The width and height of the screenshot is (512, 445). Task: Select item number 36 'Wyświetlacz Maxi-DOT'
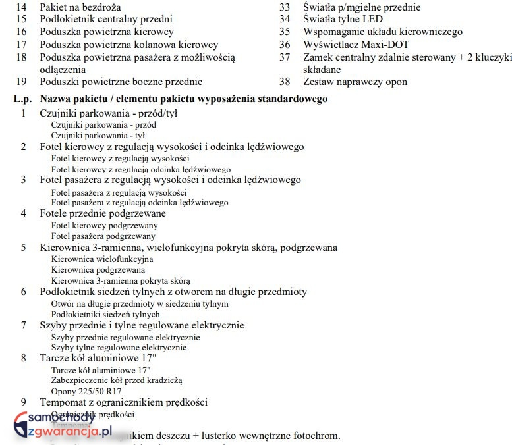point(356,45)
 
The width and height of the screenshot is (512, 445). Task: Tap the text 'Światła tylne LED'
point(343,19)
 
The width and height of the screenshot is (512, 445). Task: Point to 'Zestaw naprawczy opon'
point(355,82)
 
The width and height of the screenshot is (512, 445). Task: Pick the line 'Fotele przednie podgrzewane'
point(103,213)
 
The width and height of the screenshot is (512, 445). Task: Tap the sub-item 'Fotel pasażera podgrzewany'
point(103,236)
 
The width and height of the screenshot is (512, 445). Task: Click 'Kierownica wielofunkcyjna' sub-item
point(101,259)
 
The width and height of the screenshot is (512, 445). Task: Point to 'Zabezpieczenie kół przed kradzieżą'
point(116,380)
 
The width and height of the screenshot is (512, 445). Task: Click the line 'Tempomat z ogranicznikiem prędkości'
point(124,402)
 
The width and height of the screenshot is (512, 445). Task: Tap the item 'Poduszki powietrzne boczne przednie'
point(121,82)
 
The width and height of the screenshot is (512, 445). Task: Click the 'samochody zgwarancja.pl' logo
point(59,425)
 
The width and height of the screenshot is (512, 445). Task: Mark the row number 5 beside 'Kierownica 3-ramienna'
point(24,248)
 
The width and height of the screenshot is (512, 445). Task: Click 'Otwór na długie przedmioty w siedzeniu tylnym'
point(140,303)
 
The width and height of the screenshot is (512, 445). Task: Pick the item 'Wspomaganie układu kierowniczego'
point(383,32)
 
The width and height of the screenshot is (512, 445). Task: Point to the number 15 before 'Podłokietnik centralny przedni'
point(22,19)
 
